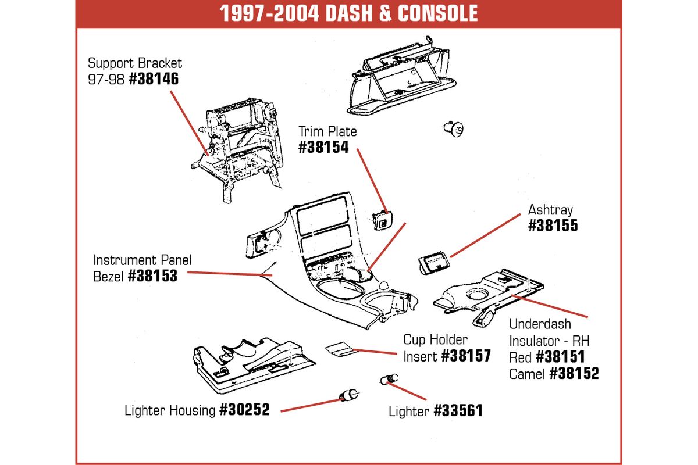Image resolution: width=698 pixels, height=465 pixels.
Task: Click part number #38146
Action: click(x=154, y=79)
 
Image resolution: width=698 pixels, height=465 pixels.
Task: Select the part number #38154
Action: click(x=323, y=147)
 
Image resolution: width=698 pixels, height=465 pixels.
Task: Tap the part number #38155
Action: click(x=553, y=226)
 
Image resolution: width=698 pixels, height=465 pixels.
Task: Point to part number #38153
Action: click(x=152, y=276)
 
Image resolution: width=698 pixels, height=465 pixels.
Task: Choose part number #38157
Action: click(x=466, y=356)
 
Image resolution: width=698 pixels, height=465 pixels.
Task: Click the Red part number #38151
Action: click(x=560, y=357)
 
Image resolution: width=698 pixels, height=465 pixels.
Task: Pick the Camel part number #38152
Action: click(x=574, y=374)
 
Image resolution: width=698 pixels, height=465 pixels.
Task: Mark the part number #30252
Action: click(x=245, y=410)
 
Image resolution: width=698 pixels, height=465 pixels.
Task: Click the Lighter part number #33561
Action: click(x=458, y=411)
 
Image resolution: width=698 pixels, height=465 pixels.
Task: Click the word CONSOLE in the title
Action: click(x=437, y=13)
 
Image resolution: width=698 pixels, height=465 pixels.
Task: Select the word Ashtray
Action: click(x=550, y=210)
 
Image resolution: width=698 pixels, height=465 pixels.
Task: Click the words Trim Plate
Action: click(x=327, y=131)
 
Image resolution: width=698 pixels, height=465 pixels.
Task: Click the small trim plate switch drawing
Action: click(x=383, y=220)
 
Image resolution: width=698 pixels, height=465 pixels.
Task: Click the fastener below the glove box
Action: click(x=454, y=129)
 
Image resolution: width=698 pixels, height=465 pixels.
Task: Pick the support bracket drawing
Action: click(x=237, y=149)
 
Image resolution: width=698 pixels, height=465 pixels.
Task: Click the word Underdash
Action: click(x=540, y=324)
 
